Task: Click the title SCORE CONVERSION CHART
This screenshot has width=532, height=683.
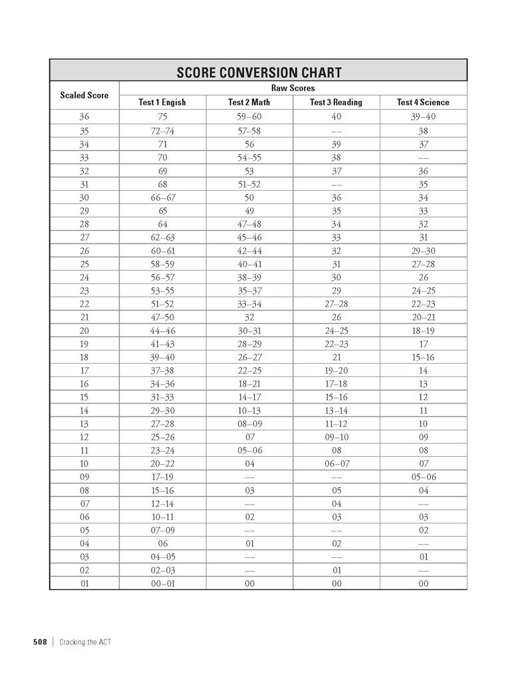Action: [259, 72]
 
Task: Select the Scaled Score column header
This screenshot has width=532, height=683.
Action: [84, 95]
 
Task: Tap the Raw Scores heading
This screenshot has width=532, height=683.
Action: [293, 88]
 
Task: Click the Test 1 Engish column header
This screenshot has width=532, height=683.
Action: [162, 102]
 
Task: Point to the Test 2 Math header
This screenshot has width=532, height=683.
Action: [249, 102]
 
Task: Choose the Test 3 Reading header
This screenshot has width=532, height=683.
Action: [336, 102]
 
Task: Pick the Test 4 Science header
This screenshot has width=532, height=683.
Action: [423, 102]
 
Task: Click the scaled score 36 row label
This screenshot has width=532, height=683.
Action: [84, 118]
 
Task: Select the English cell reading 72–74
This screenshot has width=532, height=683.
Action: [162, 131]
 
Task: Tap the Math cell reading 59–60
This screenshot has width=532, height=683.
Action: [249, 118]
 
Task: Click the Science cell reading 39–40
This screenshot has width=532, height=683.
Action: [424, 118]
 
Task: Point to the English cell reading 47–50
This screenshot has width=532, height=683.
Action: [162, 317]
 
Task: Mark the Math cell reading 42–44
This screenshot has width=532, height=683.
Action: [249, 251]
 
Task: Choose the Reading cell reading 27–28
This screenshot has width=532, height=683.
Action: [336, 304]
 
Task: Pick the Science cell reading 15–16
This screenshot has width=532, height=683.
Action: [424, 357]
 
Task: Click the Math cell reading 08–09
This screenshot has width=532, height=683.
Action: [249, 424]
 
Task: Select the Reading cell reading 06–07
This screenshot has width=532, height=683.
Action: [336, 464]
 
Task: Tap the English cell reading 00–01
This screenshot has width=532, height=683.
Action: [162, 583]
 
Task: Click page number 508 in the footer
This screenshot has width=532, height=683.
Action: [40, 642]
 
